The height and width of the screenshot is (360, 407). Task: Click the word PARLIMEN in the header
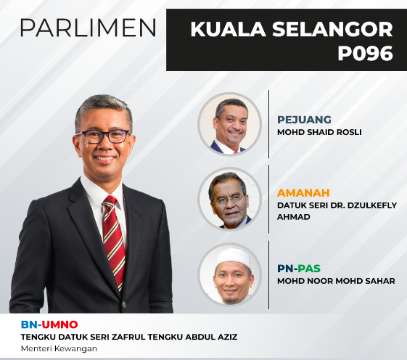pos(88,28)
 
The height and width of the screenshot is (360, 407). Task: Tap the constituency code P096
pos(365,53)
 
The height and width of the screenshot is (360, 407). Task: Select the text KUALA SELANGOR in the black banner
pos(292,29)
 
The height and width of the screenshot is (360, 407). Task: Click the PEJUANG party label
pos(304,120)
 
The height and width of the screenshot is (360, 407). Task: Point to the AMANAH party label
pos(303,193)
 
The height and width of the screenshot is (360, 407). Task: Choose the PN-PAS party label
pos(299,269)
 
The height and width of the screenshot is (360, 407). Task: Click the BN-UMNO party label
pos(49,324)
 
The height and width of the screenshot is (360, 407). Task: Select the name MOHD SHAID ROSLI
pos(319,132)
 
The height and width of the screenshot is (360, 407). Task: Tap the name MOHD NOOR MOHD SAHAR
pos(336,281)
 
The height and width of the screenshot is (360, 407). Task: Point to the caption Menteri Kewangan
pos(59,348)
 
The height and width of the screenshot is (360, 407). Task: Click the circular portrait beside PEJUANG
pos(229,124)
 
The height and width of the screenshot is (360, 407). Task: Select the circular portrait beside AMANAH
pos(229,199)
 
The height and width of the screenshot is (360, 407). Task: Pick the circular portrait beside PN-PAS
pos(229,274)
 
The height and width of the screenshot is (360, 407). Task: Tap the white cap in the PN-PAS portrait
pos(234,257)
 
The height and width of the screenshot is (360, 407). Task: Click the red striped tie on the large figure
pos(114,242)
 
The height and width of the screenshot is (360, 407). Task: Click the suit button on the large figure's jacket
pos(125,304)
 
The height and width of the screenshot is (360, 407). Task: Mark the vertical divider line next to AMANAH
pos(268,199)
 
